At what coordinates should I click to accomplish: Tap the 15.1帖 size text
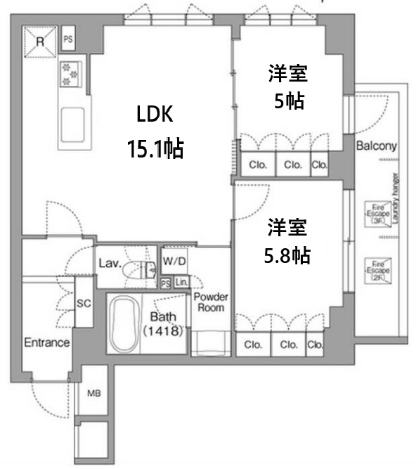(x=154, y=148)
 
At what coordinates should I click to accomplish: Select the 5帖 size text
(x=288, y=101)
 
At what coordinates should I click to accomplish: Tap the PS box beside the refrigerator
(x=68, y=39)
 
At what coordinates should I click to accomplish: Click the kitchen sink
(x=72, y=126)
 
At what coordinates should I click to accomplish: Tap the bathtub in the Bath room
(x=124, y=325)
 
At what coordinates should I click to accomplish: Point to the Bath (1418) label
(x=164, y=323)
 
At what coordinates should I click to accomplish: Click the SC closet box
(x=84, y=302)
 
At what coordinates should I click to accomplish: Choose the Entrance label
(x=47, y=343)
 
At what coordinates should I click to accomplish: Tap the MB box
(x=93, y=393)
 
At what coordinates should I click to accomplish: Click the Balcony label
(x=377, y=147)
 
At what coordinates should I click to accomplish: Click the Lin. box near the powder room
(x=181, y=283)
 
